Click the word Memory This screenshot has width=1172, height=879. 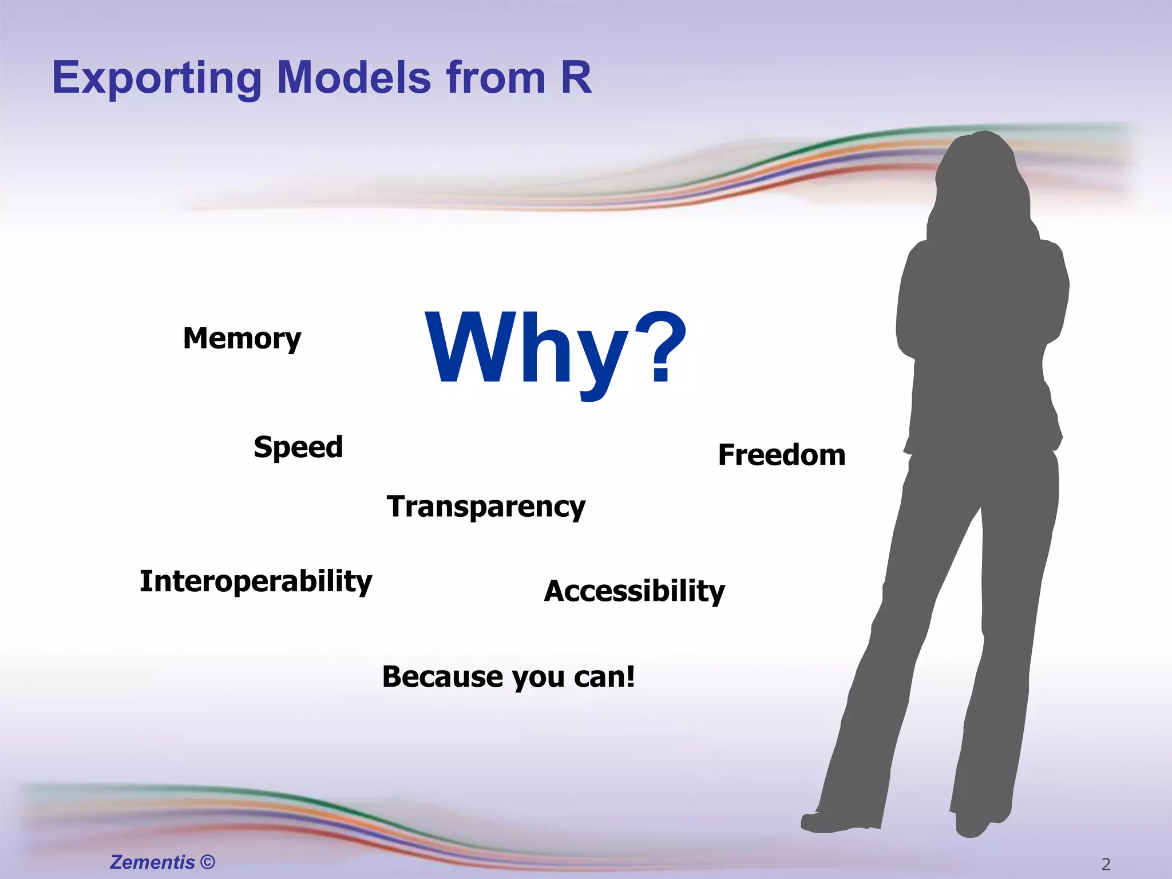tap(242, 338)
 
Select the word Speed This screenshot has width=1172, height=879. tap(298, 447)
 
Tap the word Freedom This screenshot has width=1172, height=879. tap(782, 456)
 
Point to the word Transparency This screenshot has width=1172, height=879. tap(486, 507)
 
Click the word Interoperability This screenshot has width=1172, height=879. tap(256, 581)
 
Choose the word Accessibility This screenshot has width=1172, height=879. tap(634, 591)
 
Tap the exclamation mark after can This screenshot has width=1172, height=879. tap(630, 676)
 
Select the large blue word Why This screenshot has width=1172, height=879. tap(526, 349)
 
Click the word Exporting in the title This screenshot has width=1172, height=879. tap(157, 78)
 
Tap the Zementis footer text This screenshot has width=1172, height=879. tap(152, 862)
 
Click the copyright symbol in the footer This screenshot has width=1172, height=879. tap(208, 862)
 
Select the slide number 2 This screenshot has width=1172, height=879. tap(1106, 864)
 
